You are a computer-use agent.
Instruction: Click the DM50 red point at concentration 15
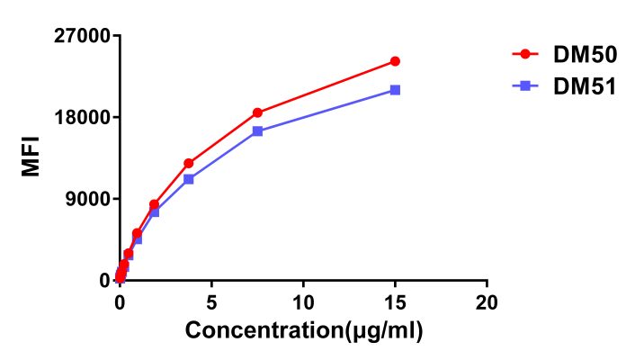coord(395,61)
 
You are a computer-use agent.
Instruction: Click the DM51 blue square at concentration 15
coord(395,90)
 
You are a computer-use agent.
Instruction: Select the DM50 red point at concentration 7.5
coord(257,112)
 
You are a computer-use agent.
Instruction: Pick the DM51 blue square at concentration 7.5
coord(257,130)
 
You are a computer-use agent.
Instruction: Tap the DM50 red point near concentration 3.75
coord(188,163)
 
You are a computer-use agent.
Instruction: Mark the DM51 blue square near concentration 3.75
coord(188,179)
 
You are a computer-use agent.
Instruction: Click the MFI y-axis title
coord(31,157)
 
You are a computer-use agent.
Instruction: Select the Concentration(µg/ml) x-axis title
coord(304,330)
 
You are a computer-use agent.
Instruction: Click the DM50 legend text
coord(585,55)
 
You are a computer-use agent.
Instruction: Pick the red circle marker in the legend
coord(525,55)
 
